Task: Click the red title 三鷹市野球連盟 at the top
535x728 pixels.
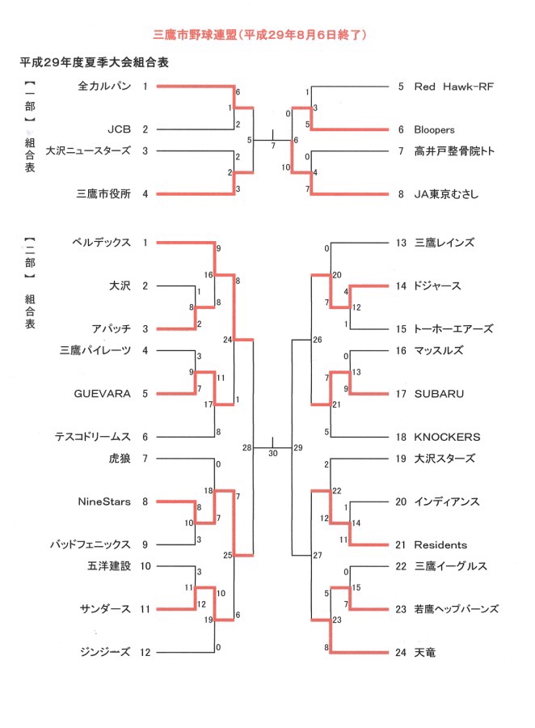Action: click(195, 35)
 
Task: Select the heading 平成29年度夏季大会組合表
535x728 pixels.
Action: click(95, 62)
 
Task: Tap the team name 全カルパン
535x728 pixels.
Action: click(104, 86)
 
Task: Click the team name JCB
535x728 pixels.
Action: click(120, 129)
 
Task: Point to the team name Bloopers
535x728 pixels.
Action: click(434, 129)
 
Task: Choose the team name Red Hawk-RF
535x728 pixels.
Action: click(454, 87)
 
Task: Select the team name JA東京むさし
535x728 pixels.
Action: click(446, 194)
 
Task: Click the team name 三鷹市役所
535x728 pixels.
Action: click(104, 193)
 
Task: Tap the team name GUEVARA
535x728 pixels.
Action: click(103, 394)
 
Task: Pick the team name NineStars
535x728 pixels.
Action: click(104, 502)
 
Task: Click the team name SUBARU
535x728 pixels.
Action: click(439, 394)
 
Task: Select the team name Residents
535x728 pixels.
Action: click(440, 544)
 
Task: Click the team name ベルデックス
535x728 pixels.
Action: click(102, 243)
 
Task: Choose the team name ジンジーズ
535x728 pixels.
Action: click(105, 652)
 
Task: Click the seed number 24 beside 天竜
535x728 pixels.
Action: click(401, 652)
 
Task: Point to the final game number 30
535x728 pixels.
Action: click(273, 453)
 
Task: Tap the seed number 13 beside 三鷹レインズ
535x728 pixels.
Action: click(401, 243)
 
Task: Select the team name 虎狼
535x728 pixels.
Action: click(120, 459)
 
